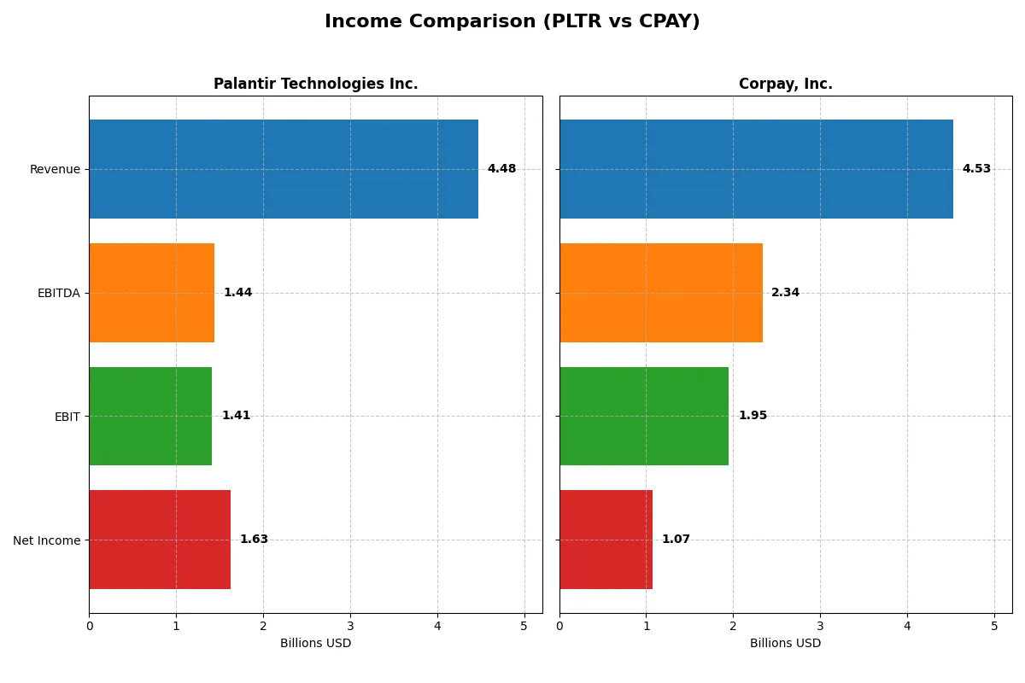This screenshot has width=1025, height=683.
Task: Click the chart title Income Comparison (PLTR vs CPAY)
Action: pyautogui.click(x=512, y=22)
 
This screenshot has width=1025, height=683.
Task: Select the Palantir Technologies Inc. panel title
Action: pyautogui.click(x=315, y=84)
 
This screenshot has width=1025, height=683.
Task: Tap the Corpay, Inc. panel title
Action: pyautogui.click(x=785, y=84)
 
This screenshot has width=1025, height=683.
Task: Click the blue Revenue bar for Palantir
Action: pyautogui.click(x=284, y=169)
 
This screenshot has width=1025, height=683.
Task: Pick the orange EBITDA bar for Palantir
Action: pyautogui.click(x=152, y=293)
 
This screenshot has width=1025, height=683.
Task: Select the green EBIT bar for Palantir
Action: pyautogui.click(x=150, y=417)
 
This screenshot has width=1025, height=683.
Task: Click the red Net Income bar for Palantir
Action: pyautogui.click(x=160, y=540)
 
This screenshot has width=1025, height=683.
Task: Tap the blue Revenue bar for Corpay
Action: pyautogui.click(x=756, y=169)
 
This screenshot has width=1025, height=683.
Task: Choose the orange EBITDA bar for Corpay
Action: pyautogui.click(x=661, y=293)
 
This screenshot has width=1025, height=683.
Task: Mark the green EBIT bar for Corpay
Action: pyautogui.click(x=644, y=417)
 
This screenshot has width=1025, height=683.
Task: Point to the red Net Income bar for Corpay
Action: pyautogui.click(x=606, y=540)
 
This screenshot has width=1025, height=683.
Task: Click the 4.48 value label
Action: pyautogui.click(x=501, y=169)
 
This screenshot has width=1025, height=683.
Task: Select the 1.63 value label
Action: pyautogui.click(x=254, y=540)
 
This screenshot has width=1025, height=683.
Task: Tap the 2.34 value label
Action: pyautogui.click(x=785, y=293)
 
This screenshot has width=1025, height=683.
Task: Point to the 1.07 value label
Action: pyautogui.click(x=676, y=540)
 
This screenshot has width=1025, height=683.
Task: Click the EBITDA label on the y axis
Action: pyautogui.click(x=58, y=293)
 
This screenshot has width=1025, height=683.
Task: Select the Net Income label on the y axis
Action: pyautogui.click(x=46, y=540)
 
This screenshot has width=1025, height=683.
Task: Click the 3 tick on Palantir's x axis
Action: pyautogui.click(x=350, y=626)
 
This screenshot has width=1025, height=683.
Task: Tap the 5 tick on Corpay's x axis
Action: pyautogui.click(x=994, y=626)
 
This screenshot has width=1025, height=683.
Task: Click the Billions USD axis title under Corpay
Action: pyautogui.click(x=785, y=644)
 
